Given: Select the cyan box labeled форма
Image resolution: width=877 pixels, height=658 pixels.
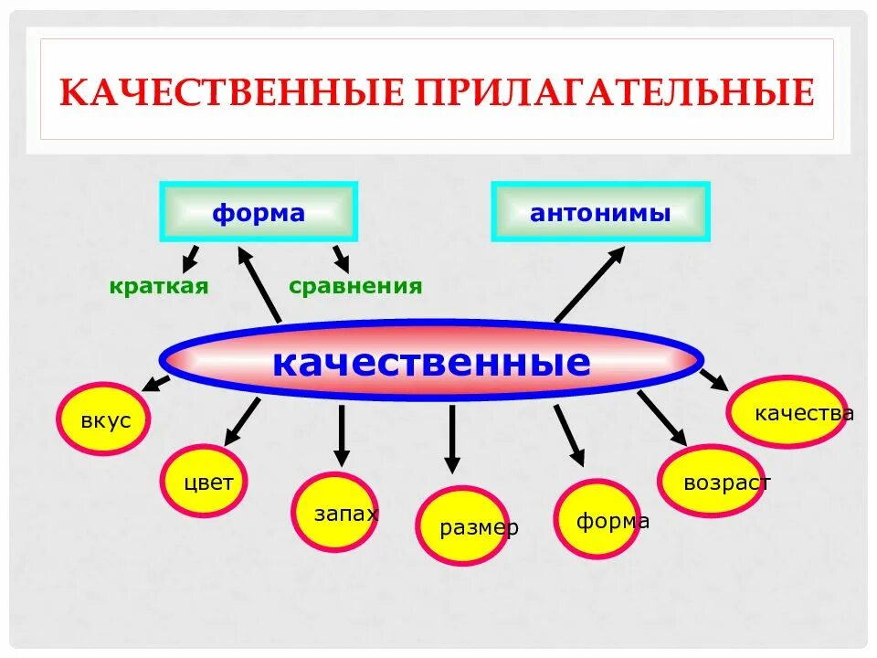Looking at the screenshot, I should pyautogui.click(x=259, y=213).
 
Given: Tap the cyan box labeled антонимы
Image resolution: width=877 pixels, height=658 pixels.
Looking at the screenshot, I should pyautogui.click(x=600, y=213).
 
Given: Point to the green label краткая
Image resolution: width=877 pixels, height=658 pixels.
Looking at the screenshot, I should pyautogui.click(x=159, y=286).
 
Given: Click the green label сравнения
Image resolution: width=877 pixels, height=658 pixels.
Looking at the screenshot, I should pyautogui.click(x=355, y=286).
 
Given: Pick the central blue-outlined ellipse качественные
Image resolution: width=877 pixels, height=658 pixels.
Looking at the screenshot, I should pyautogui.click(x=431, y=361).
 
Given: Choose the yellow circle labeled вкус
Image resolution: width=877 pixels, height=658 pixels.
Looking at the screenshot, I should pyautogui.click(x=103, y=419).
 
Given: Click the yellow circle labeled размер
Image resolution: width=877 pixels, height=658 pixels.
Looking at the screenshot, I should pyautogui.click(x=462, y=526).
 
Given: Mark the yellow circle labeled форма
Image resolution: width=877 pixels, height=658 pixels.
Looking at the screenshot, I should pyautogui.click(x=599, y=520).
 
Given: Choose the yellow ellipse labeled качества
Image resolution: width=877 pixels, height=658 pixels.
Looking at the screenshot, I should pyautogui.click(x=786, y=413).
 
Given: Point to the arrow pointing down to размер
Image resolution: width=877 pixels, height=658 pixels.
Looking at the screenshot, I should pyautogui.click(x=451, y=439).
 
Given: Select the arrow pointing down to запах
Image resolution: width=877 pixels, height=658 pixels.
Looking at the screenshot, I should pyautogui.click(x=341, y=435).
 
